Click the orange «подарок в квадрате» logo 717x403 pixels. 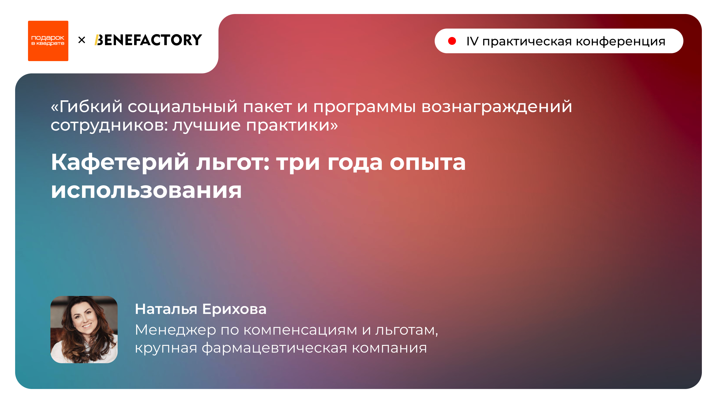[x=48, y=41]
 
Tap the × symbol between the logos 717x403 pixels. [x=82, y=40]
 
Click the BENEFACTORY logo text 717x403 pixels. [x=148, y=40]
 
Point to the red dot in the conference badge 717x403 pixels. [x=452, y=41]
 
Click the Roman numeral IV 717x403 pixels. [x=472, y=41]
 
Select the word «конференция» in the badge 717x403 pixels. [x=620, y=41]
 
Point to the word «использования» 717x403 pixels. [x=146, y=191]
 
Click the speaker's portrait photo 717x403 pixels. [x=84, y=329]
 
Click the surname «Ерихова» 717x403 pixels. [x=234, y=309]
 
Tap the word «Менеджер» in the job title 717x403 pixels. [x=176, y=330]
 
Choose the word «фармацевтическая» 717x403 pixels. [x=274, y=348]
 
